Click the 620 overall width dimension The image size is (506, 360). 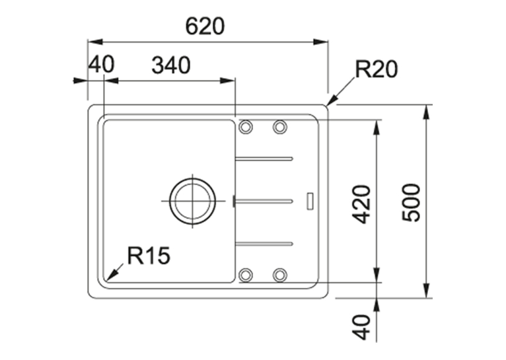coord(205,26)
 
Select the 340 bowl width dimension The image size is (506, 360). coord(171,65)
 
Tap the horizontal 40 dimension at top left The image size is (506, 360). coord(101,64)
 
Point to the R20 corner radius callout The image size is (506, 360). coord(376,69)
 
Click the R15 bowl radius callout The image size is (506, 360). coord(149,255)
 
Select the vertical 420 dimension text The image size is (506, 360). coord(361,204)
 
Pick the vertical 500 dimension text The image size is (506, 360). coord(412,202)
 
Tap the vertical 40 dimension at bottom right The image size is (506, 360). coord(361,327)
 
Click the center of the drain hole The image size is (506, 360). coord(193,201)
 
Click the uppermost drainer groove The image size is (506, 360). coord(264,159)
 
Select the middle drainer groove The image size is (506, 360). coord(264,201)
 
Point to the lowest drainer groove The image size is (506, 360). coord(264,244)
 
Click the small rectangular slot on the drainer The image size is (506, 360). coord(310,201)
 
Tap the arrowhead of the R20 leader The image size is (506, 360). coord(331,100)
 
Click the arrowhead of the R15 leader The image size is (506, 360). coord(110,277)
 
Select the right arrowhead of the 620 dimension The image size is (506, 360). coord(321,42)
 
